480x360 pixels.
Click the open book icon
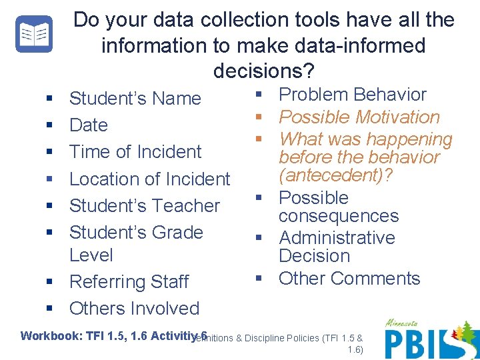(33, 34)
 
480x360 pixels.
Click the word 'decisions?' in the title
(264, 70)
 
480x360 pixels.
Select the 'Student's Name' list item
(135, 99)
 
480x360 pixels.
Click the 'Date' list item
(88, 125)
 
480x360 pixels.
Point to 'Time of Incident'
(135, 152)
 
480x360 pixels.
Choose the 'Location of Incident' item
(149, 179)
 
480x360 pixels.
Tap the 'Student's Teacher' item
(144, 205)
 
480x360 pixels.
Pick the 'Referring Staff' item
(129, 281)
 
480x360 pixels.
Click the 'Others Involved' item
(134, 308)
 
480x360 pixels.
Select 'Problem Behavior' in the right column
(352, 95)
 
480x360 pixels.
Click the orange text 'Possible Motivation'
(359, 117)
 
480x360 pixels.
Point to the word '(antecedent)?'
(336, 175)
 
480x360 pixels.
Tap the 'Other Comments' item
(349, 278)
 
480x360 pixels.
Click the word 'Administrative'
(337, 238)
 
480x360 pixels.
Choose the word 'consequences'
(339, 216)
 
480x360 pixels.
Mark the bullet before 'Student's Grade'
(49, 233)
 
